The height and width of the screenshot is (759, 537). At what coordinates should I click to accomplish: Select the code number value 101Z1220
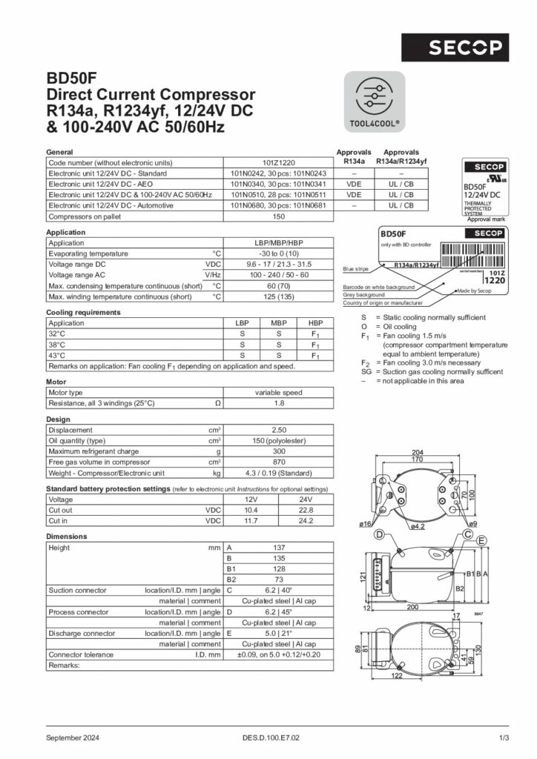coord(278,162)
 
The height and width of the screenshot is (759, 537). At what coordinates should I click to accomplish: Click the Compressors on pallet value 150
coord(278,216)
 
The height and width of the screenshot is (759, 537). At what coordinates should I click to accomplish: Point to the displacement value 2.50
coord(278,430)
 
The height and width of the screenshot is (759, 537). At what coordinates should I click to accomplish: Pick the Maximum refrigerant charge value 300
coord(278,451)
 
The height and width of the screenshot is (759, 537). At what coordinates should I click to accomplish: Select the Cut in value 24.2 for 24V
coord(306,521)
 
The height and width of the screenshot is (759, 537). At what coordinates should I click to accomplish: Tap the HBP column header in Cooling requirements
coord(315,323)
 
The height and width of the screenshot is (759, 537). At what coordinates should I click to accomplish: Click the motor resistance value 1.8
coord(278,403)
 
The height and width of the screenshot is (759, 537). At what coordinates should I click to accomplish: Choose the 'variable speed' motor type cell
coord(278,393)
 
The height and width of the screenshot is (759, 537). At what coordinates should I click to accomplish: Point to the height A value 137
coord(278,548)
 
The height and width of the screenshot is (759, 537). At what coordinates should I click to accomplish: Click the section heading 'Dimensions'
coord(67,536)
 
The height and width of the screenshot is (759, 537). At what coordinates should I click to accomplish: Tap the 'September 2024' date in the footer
coord(73,738)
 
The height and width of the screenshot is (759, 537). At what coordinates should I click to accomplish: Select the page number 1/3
coord(504,738)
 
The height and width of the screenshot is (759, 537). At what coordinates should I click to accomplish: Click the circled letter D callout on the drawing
coord(378,535)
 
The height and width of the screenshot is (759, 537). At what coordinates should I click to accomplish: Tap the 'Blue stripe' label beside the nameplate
coord(356,269)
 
